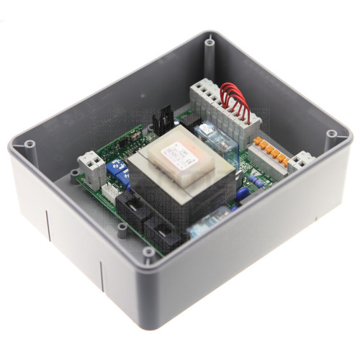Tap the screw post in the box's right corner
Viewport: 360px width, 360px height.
click(x=331, y=135)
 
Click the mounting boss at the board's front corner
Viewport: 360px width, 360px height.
click(x=147, y=252)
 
